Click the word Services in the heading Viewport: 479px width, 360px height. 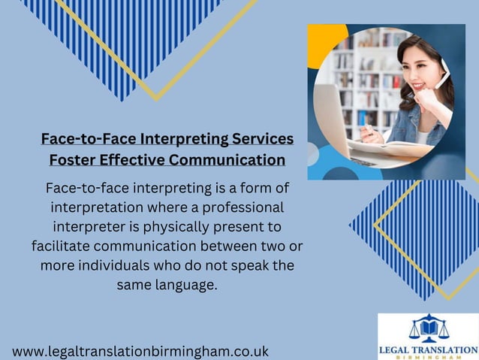[256, 139]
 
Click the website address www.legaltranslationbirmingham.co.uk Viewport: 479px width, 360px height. [140, 351]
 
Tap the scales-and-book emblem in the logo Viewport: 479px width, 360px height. [427, 328]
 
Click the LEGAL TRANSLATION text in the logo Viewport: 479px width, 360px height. [427, 349]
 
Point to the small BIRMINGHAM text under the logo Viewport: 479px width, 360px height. [427, 357]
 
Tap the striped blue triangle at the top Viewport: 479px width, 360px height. [120, 38]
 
